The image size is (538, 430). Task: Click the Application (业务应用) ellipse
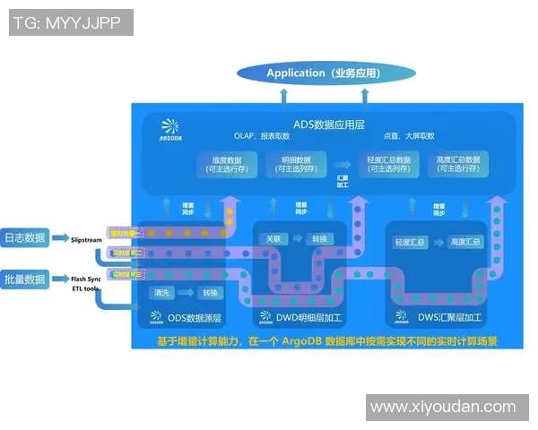(325, 73)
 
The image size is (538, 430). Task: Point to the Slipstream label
(88, 240)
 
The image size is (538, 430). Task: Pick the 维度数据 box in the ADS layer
(225, 164)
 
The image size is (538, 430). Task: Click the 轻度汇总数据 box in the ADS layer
(389, 164)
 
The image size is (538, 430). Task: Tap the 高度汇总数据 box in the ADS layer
(458, 164)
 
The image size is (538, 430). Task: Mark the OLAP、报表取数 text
(262, 136)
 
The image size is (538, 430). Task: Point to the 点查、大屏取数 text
(408, 136)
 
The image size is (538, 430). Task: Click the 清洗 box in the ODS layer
(163, 293)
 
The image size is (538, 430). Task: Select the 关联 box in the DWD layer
(273, 239)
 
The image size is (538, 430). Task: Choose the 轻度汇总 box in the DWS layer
(410, 243)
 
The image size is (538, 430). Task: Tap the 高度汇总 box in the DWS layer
(464, 243)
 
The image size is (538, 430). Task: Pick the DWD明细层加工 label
(299, 317)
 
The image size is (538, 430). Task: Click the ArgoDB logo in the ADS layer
(169, 131)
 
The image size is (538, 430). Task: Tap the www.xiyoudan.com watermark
(443, 407)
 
